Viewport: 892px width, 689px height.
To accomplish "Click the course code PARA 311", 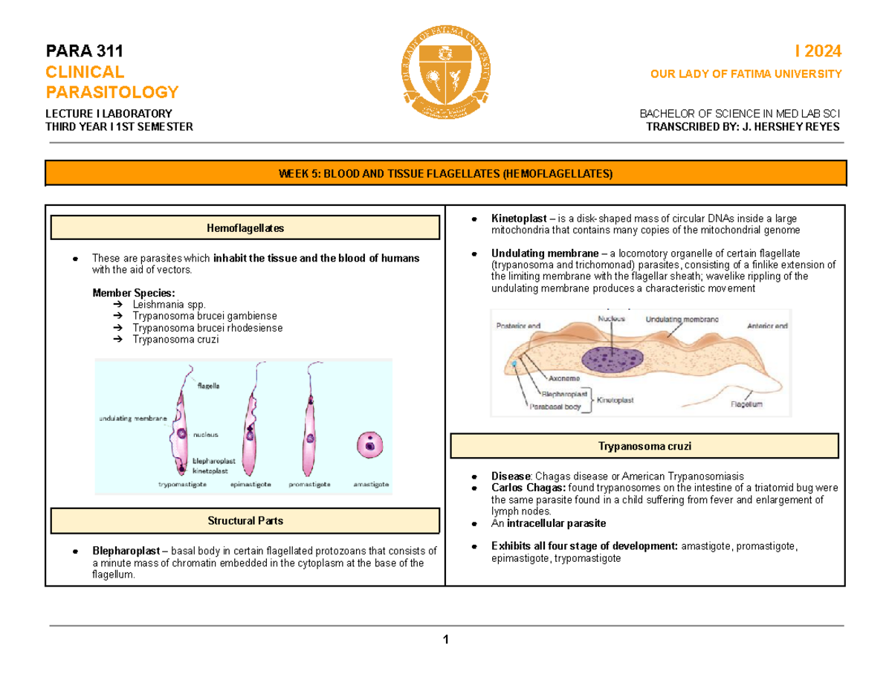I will click(85, 51).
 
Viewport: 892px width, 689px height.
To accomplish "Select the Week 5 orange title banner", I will click(446, 174).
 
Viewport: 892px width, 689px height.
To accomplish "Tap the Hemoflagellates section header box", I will click(245, 228).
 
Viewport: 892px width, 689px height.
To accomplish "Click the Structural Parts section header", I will click(245, 521).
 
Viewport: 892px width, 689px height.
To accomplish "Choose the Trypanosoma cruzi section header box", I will click(644, 446).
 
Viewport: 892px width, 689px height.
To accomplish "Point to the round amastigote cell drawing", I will click(369, 446).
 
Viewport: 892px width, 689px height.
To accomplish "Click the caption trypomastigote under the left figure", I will click(184, 484).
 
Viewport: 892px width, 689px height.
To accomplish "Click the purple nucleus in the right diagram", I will click(615, 358).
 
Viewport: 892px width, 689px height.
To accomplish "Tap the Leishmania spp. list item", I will click(167, 305).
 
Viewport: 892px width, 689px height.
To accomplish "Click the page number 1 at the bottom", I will click(445, 640).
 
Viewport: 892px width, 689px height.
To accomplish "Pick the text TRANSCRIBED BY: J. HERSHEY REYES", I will click(745, 126).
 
